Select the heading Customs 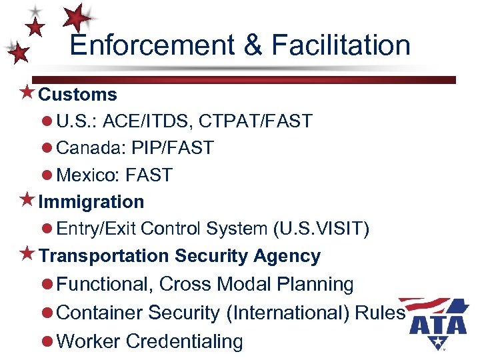tap(77, 95)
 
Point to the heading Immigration tap(91, 201)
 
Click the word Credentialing tap(184, 341)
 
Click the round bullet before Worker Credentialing tap(47, 341)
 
